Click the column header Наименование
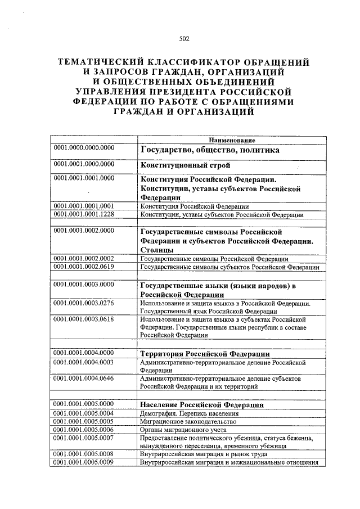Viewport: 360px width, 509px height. coord(232,139)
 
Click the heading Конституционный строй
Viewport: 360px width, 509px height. coord(186,166)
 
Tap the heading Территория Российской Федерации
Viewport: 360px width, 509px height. coord(205,354)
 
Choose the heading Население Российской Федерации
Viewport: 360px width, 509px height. coord(202,405)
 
